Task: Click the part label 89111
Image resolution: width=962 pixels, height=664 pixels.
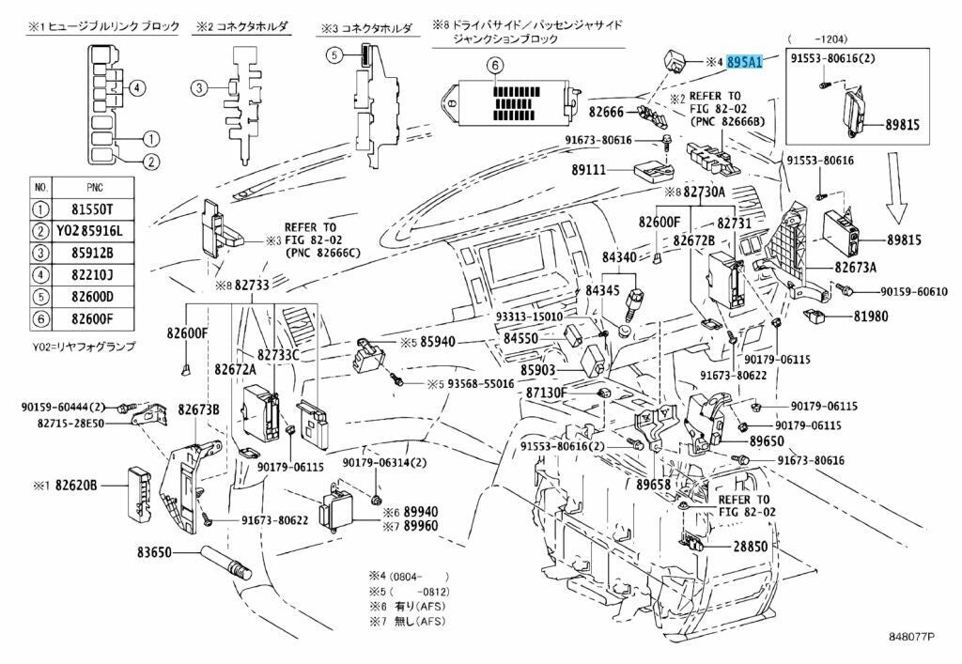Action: pyautogui.click(x=592, y=171)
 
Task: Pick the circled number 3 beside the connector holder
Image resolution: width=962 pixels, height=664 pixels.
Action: pyautogui.click(x=199, y=89)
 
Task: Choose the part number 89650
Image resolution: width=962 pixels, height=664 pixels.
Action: pyautogui.click(x=766, y=440)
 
